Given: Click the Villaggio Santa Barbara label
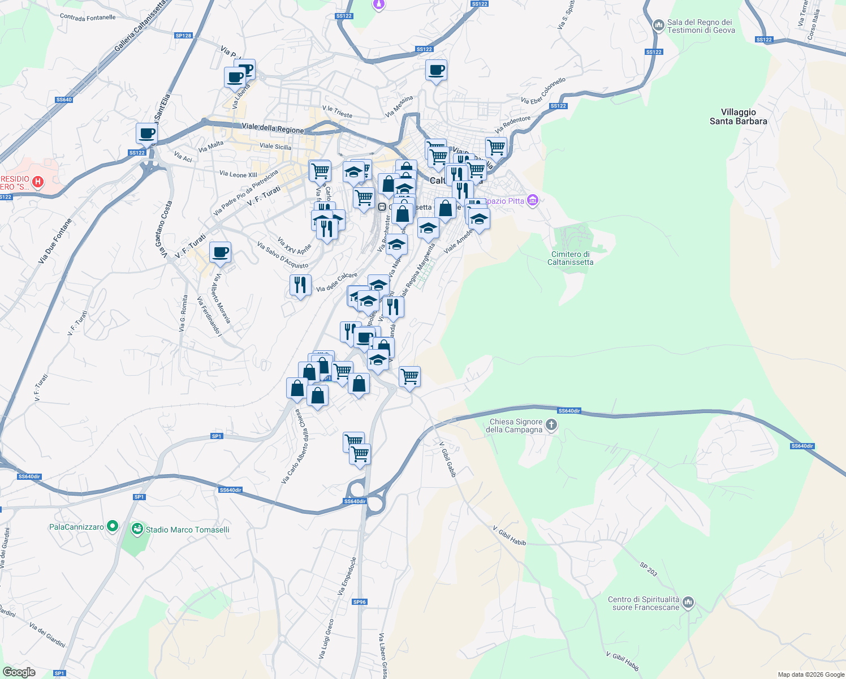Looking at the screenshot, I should coord(738,117).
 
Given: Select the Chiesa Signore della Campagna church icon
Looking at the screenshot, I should coord(552,425).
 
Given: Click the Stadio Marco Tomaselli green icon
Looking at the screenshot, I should coord(137,530).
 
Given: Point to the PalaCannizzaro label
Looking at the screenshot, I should coord(76,527).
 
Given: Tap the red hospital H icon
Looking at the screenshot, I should coord(37,182).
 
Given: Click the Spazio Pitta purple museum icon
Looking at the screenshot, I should coord(532,200).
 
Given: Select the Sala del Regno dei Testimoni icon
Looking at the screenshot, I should coord(658,25).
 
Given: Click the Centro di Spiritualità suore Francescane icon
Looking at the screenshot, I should coord(688,603).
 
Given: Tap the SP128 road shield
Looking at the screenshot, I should coord(183,36).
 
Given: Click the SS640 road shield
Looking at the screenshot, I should coord(64,100).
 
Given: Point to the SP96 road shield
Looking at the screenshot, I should coord(360,601).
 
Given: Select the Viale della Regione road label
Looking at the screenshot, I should coord(273,128).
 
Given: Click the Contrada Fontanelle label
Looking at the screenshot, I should coord(88,18).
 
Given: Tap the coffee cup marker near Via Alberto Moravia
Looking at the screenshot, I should coord(220,252).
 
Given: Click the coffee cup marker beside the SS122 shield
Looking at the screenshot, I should coord(146,134).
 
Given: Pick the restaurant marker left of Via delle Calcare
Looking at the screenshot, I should coord(300,285).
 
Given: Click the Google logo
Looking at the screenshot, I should coord(19,672).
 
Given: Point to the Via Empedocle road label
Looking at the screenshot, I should coord(347,576).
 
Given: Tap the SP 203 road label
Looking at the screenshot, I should coord(649,569).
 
